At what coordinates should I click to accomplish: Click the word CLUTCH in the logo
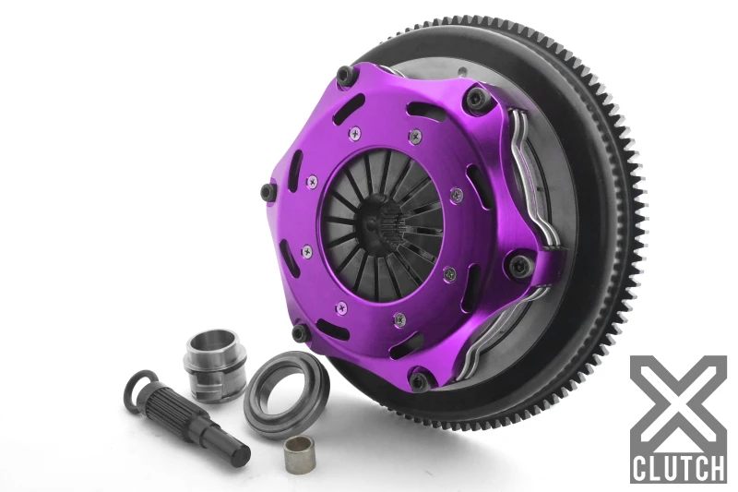tap(677, 466)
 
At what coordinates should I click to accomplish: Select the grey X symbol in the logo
tap(677, 401)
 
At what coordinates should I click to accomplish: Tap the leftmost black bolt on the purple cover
tap(268, 192)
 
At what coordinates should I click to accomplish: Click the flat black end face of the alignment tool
tap(242, 454)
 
